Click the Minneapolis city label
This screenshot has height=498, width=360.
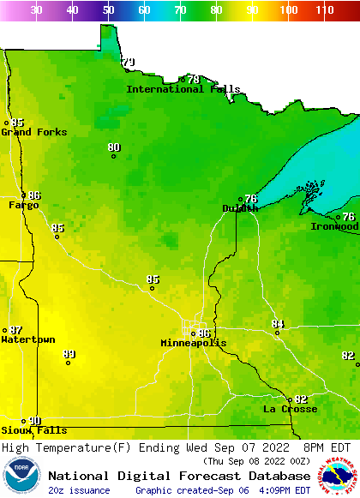click(x=194, y=343)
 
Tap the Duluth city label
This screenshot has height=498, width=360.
click(x=240, y=208)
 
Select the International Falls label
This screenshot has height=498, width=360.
click(x=177, y=89)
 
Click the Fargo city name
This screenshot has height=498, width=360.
click(x=24, y=205)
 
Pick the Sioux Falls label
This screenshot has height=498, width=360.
click(x=33, y=430)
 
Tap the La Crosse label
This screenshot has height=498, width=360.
click(x=290, y=409)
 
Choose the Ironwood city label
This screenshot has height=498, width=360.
click(x=334, y=226)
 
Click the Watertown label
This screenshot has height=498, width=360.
click(x=28, y=339)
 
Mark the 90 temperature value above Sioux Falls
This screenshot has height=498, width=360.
click(x=34, y=420)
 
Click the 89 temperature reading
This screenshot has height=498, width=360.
click(x=69, y=354)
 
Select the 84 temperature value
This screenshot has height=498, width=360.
click(x=278, y=324)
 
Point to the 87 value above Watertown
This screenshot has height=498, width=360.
click(x=16, y=330)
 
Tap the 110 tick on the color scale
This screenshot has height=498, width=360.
click(x=324, y=10)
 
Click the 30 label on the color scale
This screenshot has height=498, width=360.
click(x=36, y=10)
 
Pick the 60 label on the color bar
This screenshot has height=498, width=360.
click(x=144, y=10)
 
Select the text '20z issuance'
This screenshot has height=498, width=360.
click(x=79, y=490)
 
